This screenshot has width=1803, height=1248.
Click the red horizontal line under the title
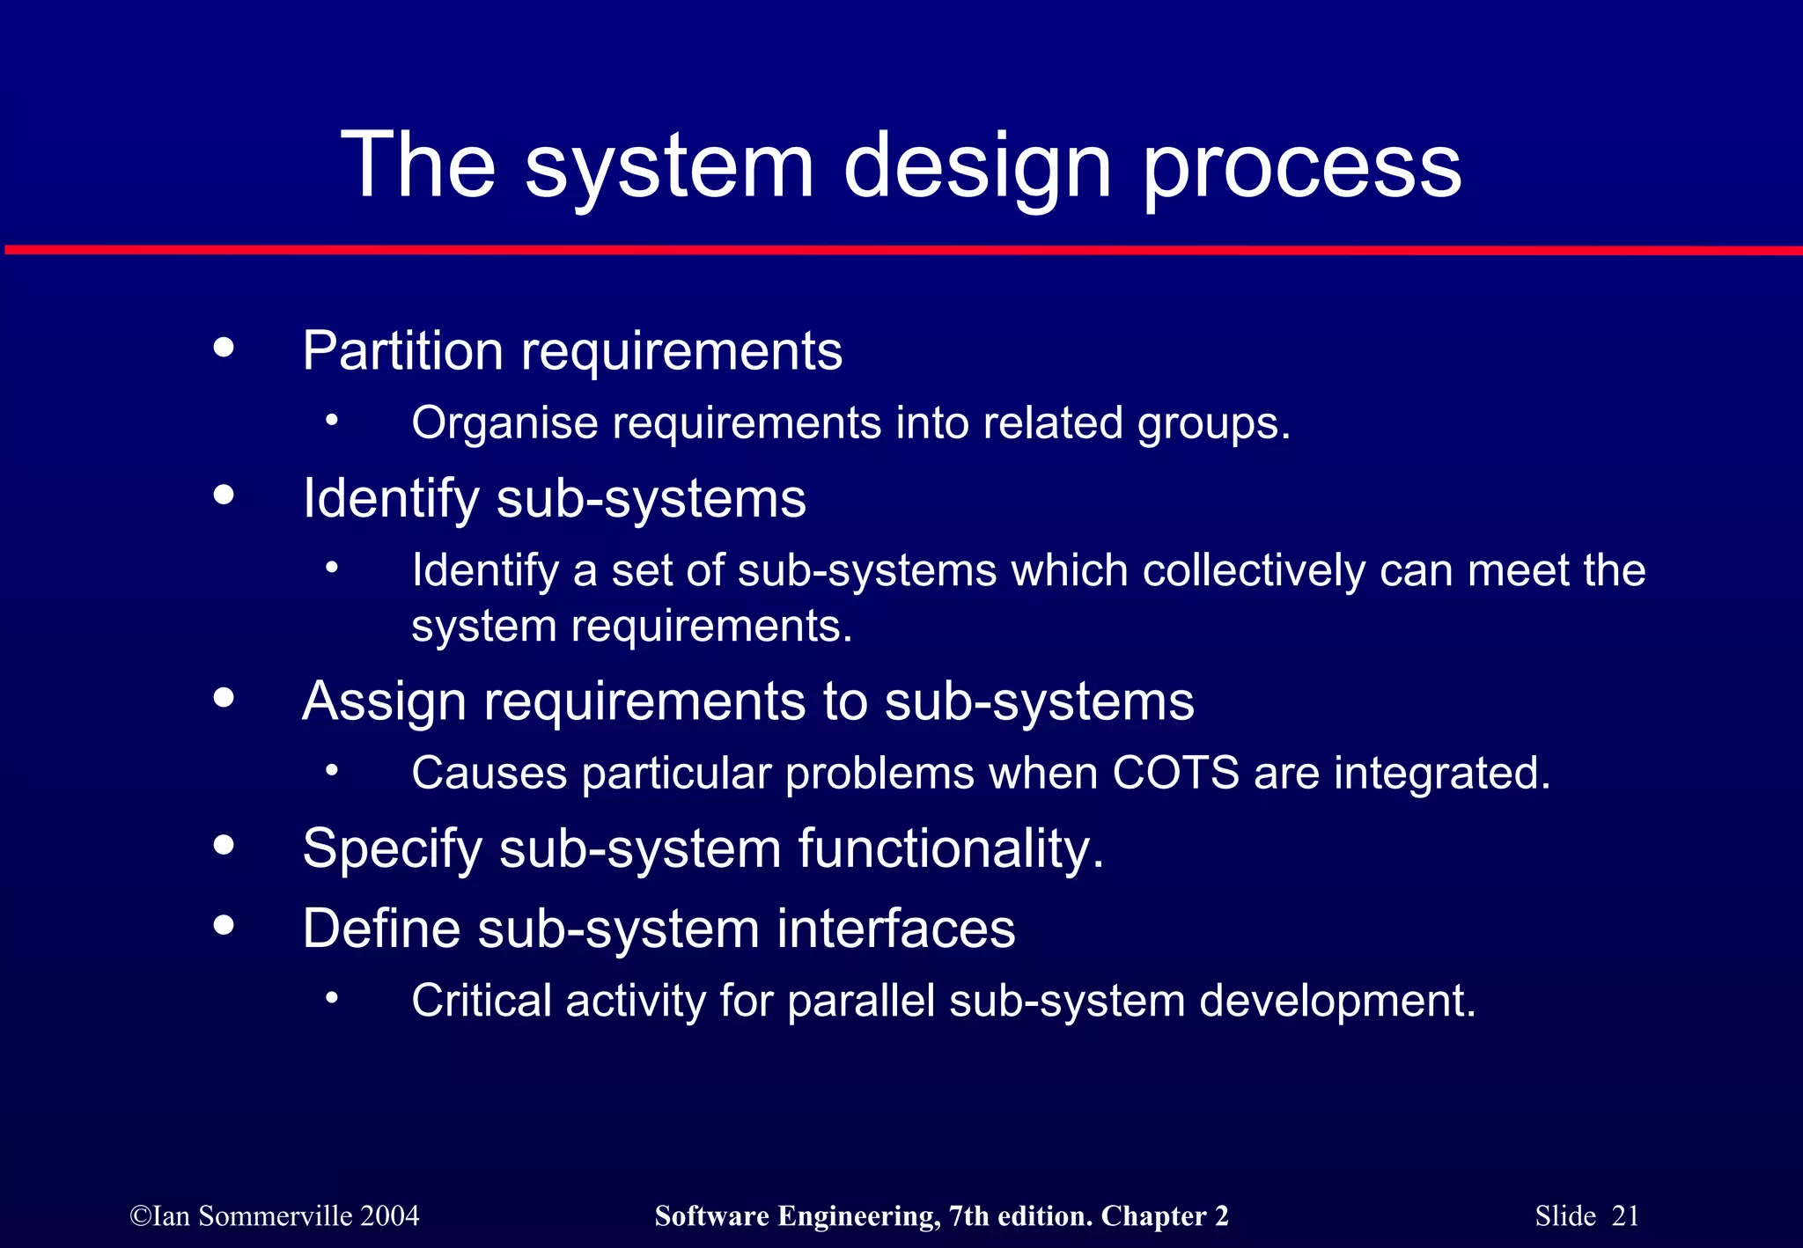[x=901, y=251]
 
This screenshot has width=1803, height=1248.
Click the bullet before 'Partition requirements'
[x=224, y=347]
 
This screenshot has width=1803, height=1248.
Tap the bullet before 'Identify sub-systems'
[x=224, y=495]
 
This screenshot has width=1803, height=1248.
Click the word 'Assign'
[x=384, y=702]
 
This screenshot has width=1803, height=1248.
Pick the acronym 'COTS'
[x=1175, y=773]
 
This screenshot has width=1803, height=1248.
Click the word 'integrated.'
[x=1441, y=774]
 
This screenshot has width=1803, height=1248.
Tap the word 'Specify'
[x=393, y=850]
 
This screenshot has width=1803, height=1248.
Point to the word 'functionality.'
[x=951, y=848]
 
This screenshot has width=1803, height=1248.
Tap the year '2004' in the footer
[x=390, y=1216]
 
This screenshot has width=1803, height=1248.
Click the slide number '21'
[x=1625, y=1216]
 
